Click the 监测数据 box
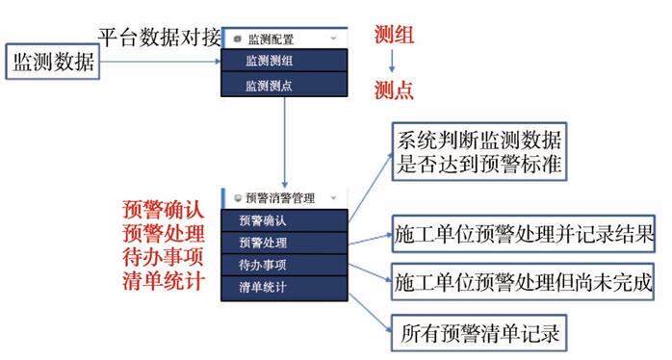click(x=53, y=62)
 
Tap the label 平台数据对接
click(x=160, y=37)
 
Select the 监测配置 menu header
click(x=285, y=39)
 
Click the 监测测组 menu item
click(x=285, y=61)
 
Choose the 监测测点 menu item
click(x=285, y=85)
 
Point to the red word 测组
click(x=394, y=35)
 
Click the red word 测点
click(x=394, y=90)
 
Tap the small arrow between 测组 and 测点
click(x=391, y=62)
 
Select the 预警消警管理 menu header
click(x=285, y=198)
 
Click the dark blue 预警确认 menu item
click(x=285, y=220)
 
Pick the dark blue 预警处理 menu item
click(x=285, y=243)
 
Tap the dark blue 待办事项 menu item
click(x=285, y=265)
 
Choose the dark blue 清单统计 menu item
click(x=285, y=288)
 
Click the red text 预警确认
click(x=163, y=210)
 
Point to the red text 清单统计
click(x=163, y=281)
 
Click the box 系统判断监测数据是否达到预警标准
click(x=479, y=152)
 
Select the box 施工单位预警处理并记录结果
click(x=524, y=234)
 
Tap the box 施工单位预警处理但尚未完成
click(x=523, y=282)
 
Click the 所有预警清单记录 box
click(x=479, y=333)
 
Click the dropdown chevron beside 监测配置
click(x=333, y=39)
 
